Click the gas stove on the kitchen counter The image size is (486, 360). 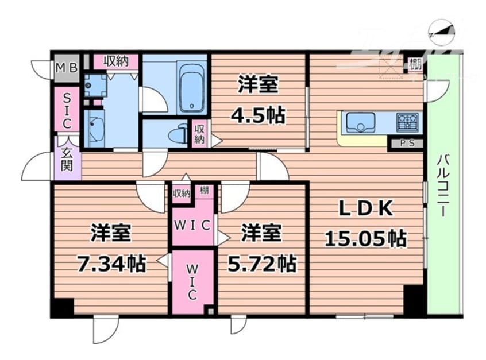click(407, 122)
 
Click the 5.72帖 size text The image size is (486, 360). click(261, 264)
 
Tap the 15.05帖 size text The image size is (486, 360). click(365, 237)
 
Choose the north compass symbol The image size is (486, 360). click(443, 32)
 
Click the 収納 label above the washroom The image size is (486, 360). click(117, 61)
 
